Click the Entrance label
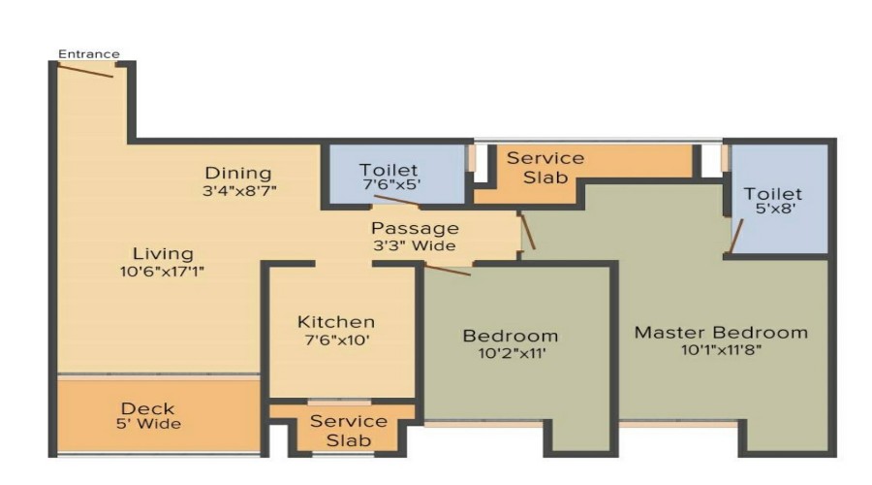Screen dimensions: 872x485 (x=89, y=54)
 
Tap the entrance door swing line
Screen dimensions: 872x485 (x=85, y=71)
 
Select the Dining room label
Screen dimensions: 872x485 (x=238, y=174)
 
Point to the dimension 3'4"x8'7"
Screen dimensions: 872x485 (x=239, y=191)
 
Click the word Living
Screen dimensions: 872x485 (x=163, y=254)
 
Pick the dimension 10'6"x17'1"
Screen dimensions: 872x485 (x=163, y=272)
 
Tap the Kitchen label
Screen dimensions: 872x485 (x=336, y=322)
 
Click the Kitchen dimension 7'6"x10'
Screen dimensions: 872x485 (x=337, y=339)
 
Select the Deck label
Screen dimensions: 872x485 (x=148, y=408)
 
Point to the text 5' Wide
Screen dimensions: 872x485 (x=148, y=424)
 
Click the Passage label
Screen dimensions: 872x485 (x=415, y=228)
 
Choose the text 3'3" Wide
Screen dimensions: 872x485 (x=415, y=245)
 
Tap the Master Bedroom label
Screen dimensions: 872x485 (x=721, y=333)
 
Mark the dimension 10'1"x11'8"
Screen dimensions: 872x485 (x=721, y=350)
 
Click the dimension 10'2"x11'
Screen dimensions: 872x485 (x=513, y=353)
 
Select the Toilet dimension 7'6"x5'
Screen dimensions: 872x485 (x=391, y=184)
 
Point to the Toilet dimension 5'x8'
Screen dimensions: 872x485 (x=775, y=209)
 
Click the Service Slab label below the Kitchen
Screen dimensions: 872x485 (x=349, y=431)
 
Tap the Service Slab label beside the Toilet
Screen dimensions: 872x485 (x=545, y=168)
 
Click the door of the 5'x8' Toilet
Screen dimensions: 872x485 (x=736, y=236)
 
